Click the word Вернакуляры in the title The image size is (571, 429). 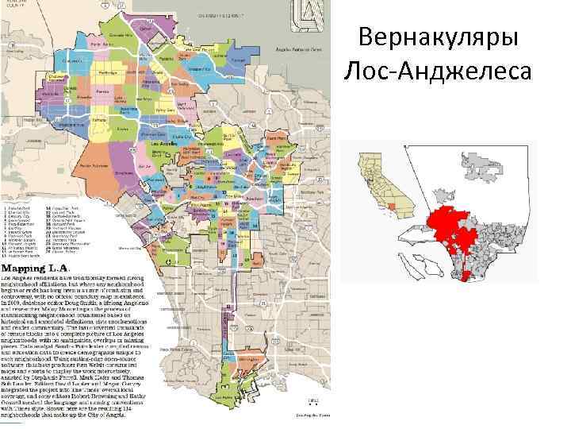(439, 37)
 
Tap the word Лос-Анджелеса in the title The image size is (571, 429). (439, 71)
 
